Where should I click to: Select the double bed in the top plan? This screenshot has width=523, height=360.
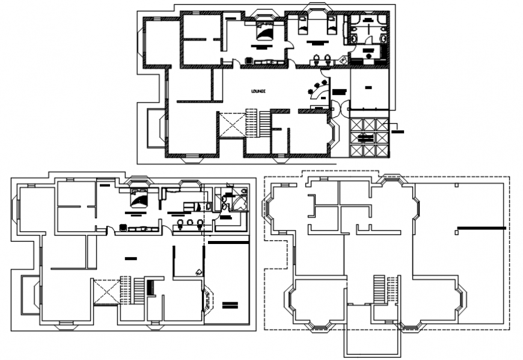[x=264, y=29]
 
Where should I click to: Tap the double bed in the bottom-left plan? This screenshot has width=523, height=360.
[x=138, y=197]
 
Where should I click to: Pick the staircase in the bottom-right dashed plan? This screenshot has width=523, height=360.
[x=379, y=289]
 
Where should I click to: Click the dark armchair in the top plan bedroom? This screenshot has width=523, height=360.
[x=249, y=60]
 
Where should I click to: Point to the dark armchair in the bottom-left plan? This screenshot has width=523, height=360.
[x=123, y=227]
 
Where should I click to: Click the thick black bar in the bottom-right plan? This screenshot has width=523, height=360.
[x=481, y=228]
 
